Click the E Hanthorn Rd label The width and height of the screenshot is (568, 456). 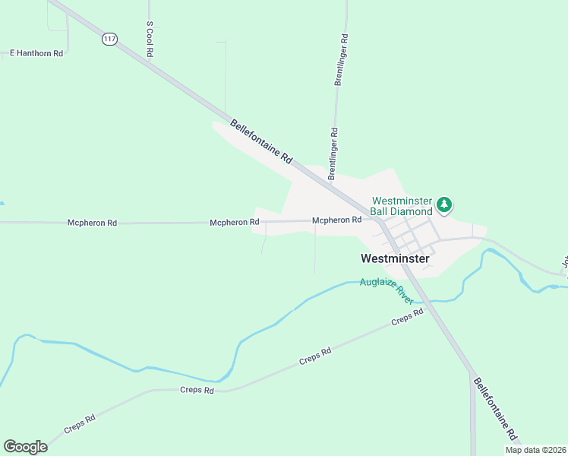[x=36, y=53]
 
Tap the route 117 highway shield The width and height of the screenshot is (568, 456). [x=110, y=40]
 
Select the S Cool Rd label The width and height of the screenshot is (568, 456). [x=150, y=39]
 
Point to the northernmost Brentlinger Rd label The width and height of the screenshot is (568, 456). [x=342, y=59]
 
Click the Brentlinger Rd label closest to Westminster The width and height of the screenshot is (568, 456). [x=333, y=154]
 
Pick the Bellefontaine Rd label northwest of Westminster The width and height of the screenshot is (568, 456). [x=261, y=142]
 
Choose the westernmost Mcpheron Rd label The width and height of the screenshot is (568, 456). [x=92, y=223]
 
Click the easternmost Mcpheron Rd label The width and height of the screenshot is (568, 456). [x=336, y=220]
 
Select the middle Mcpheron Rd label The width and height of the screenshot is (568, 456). [x=235, y=222]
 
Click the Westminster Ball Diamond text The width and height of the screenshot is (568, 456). [x=402, y=206]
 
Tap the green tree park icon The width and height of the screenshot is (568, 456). [x=444, y=204]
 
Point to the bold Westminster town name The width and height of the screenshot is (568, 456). [x=395, y=258]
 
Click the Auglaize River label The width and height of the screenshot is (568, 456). [x=387, y=290]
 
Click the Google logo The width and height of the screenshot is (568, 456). [x=25, y=447]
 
